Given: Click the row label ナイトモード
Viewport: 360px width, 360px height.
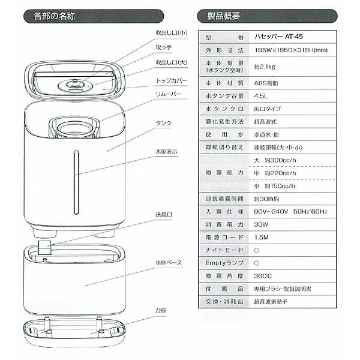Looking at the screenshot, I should [x=223, y=250].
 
